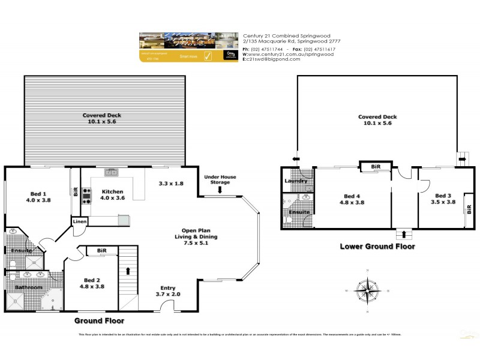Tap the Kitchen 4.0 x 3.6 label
112,196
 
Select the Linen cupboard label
80,221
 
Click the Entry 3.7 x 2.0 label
167,291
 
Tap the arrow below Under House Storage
220,191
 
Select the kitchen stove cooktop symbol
86,196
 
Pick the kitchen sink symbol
111,173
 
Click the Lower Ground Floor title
377,246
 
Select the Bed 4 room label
352,199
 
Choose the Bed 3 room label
442,199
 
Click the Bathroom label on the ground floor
28,287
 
